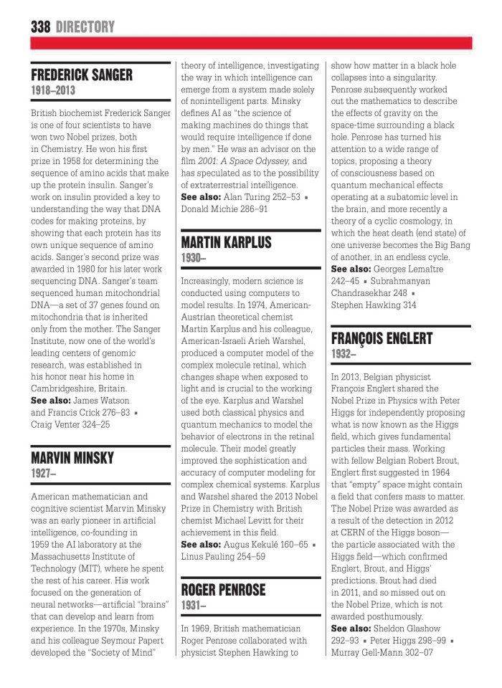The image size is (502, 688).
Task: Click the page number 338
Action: [40, 27]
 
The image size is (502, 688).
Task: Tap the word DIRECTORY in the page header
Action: [85, 27]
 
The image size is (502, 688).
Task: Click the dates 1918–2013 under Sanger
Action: [52, 91]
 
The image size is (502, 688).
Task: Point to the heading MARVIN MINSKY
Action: [72, 458]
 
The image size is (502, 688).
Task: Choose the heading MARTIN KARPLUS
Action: [226, 242]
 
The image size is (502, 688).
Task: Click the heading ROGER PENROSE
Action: [223, 590]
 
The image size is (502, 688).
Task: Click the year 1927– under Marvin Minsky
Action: [44, 473]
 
